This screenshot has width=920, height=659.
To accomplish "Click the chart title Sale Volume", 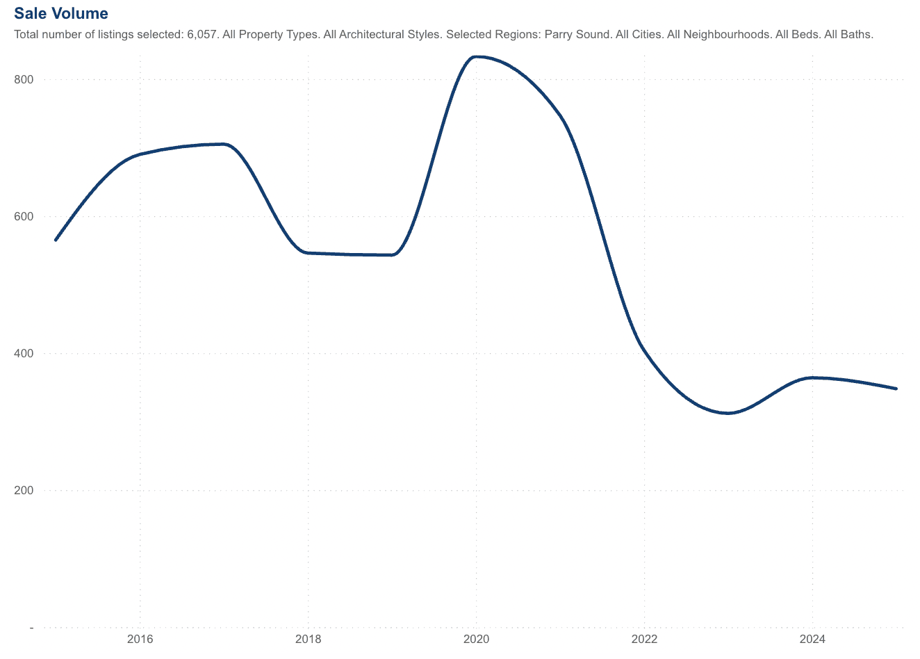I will tap(61, 13).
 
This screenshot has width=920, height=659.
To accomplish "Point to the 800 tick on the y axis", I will tap(24, 79).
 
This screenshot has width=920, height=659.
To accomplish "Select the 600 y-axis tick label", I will tap(24, 216).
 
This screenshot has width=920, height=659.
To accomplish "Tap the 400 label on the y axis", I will tap(24, 353).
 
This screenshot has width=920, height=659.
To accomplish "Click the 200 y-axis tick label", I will tap(24, 490).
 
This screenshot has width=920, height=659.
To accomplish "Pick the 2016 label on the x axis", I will tap(140, 639).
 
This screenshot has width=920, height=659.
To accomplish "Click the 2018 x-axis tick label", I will tap(308, 639).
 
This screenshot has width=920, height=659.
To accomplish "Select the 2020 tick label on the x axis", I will tap(476, 639).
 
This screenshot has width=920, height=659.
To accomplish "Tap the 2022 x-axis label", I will tap(644, 639).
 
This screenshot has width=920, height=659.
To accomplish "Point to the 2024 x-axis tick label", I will tap(812, 639).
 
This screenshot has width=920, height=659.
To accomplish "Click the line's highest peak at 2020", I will tap(477, 57).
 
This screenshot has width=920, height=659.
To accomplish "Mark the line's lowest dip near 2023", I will tap(728, 413).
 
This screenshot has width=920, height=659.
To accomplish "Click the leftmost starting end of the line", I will tap(56, 240).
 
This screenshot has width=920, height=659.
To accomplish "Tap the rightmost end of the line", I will tap(896, 389).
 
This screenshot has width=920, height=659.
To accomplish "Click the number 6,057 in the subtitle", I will tap(202, 34).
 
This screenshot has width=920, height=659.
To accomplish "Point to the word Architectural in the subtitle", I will tap(372, 34).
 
